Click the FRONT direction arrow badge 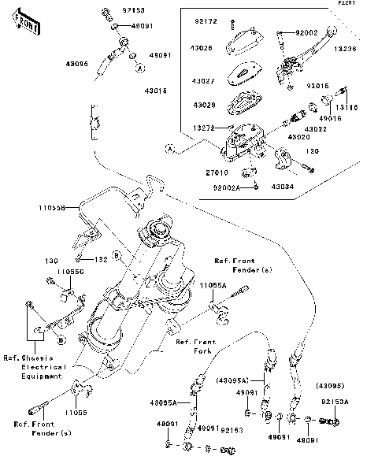click(x=24, y=25)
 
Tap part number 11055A click(x=213, y=285)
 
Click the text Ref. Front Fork click(x=195, y=347)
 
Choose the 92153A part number click(x=334, y=401)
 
